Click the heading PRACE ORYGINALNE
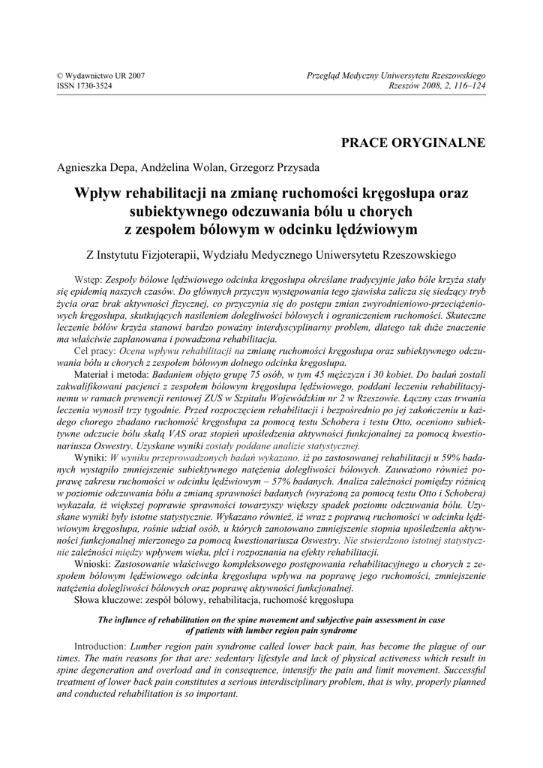[x=413, y=142]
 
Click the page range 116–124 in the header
[x=467, y=85]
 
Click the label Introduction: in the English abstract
[x=101, y=646]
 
